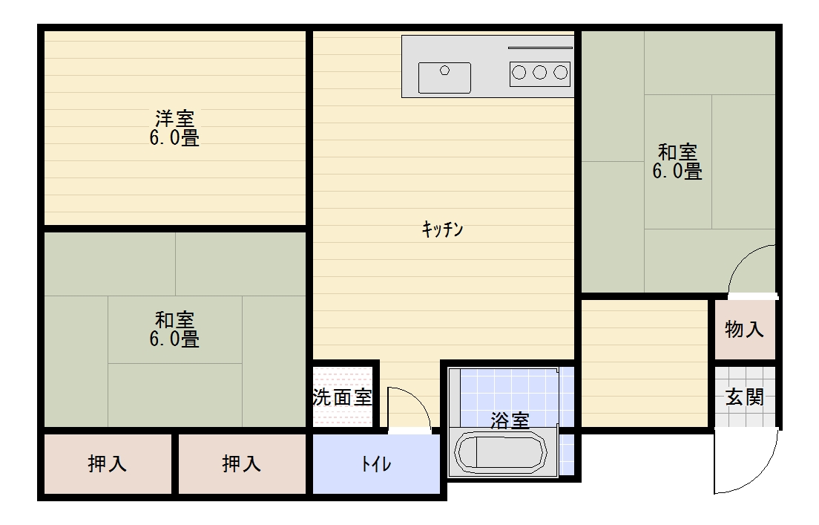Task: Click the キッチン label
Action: click(443, 230)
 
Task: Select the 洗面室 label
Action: click(342, 397)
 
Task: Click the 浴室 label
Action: click(510, 420)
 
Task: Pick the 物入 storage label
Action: click(744, 329)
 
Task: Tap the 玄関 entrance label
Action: click(744, 397)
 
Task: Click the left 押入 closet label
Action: click(108, 464)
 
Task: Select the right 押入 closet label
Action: click(242, 464)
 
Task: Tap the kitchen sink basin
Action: click(444, 77)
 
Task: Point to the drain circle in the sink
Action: click(445, 71)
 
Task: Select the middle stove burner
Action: click(540, 73)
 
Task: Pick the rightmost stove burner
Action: click(561, 73)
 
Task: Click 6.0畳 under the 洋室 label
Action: click(175, 138)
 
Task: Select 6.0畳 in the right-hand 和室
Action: click(677, 172)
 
